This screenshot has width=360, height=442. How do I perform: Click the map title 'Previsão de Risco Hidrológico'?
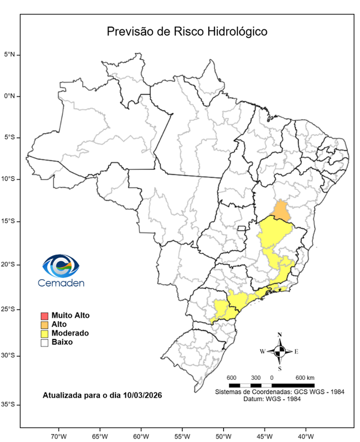187,31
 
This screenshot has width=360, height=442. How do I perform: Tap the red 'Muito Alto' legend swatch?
44,315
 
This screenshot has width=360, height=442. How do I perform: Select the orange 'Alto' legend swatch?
44,325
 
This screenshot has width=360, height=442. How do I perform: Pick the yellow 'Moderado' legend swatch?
44,333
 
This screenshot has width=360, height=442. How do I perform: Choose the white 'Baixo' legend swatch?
44,342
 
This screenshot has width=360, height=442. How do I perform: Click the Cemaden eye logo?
61,266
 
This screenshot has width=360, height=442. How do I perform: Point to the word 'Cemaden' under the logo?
61,283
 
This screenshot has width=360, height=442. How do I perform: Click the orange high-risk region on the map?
281,211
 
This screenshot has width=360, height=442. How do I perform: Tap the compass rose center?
279,350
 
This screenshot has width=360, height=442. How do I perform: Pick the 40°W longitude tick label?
305,435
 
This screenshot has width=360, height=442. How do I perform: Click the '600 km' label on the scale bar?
305,378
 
